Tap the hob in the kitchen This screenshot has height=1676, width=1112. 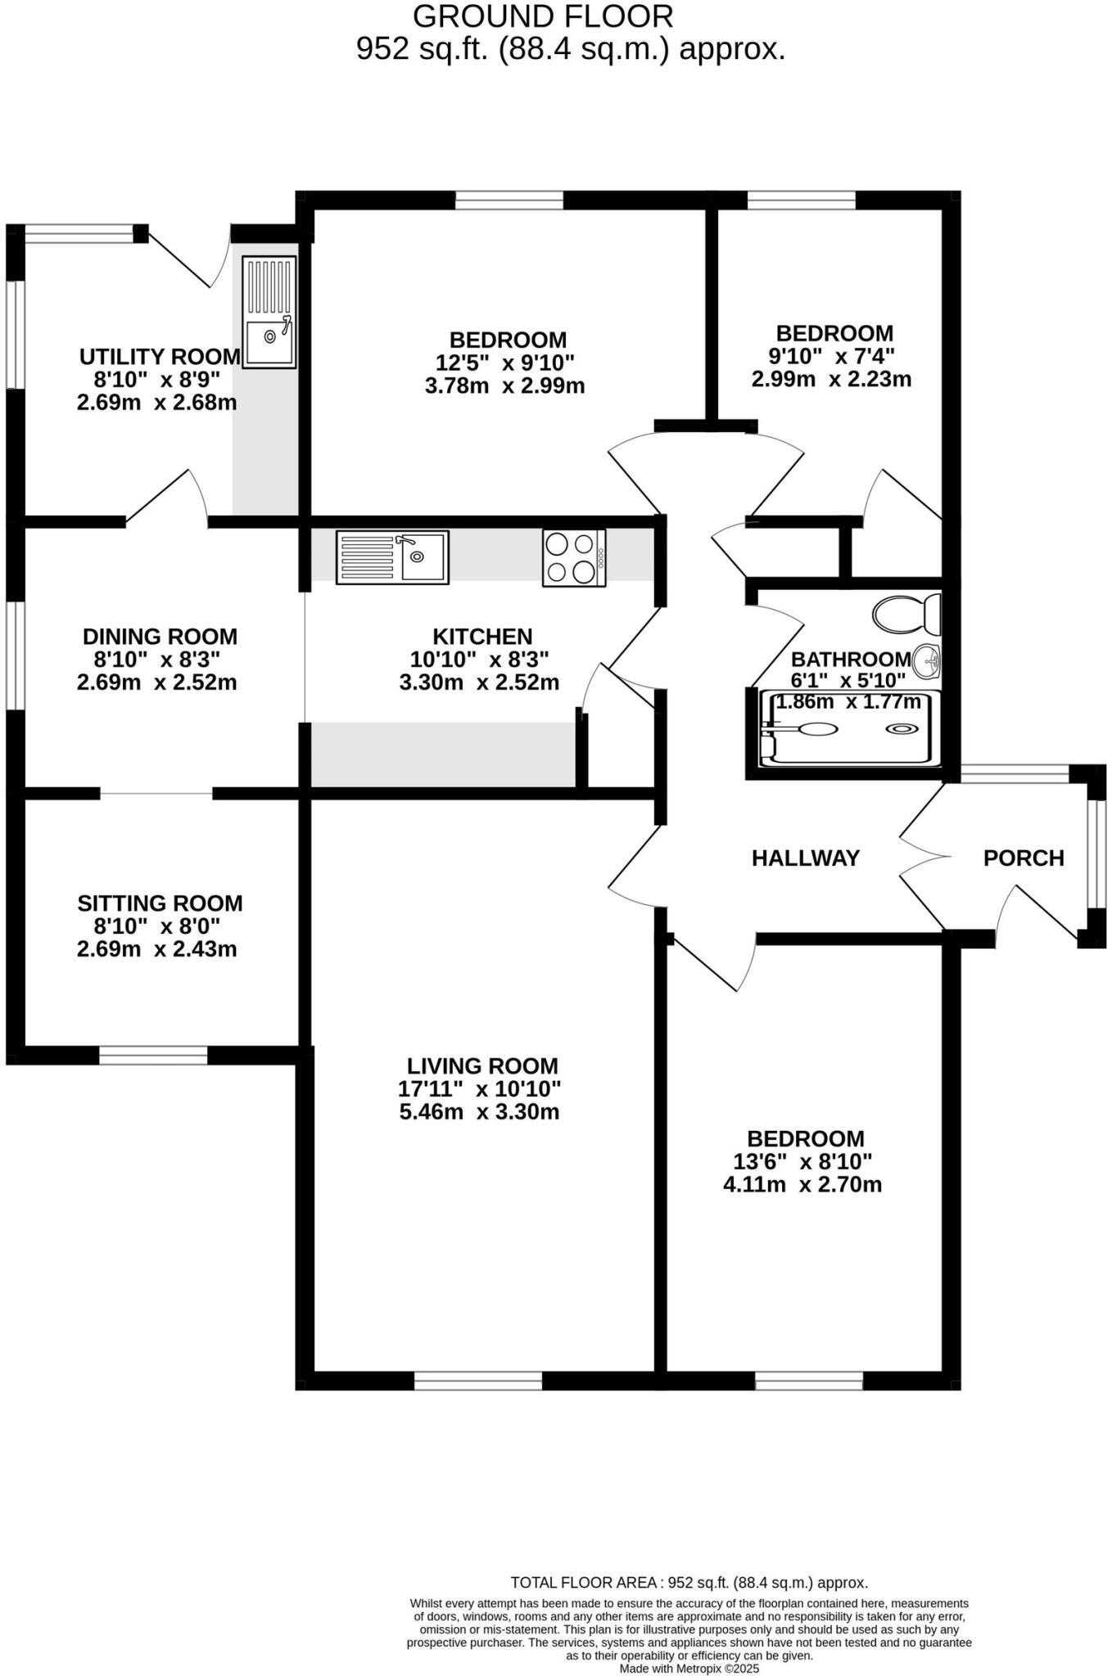click(x=573, y=558)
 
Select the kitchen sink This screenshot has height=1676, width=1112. click(x=392, y=557)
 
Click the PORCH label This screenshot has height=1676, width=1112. click(x=1023, y=858)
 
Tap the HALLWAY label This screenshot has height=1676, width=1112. click(x=805, y=858)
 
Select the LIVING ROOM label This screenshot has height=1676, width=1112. click(x=482, y=1066)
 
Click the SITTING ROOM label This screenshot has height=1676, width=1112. click(x=160, y=903)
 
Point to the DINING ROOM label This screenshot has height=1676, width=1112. click(x=160, y=636)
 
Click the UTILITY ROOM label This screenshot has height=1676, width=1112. click(x=160, y=356)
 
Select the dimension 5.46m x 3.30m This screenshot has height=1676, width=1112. click(x=478, y=1111)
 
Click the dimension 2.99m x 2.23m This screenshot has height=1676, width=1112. click(x=831, y=379)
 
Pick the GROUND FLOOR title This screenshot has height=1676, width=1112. click(x=543, y=16)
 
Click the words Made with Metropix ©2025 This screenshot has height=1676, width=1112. click(x=689, y=1668)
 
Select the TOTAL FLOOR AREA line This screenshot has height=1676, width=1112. click(x=689, y=1582)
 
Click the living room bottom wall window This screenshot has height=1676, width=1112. click(x=478, y=1381)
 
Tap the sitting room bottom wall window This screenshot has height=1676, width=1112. click(x=153, y=1056)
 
